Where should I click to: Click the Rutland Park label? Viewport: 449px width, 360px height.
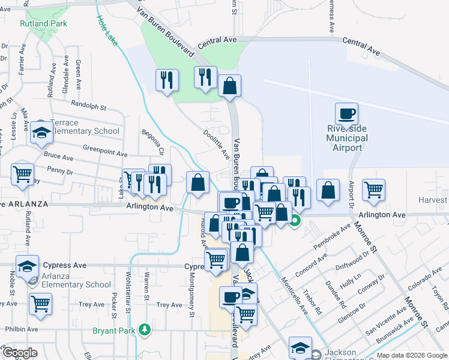(x=43, y=24)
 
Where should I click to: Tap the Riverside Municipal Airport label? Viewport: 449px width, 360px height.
(x=347, y=139)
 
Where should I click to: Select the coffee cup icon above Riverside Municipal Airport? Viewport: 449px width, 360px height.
(x=347, y=113)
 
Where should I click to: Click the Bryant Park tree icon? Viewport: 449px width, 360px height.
(x=144, y=329)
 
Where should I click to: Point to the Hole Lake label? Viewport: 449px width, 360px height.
(x=106, y=27)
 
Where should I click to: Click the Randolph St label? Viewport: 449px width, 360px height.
(x=88, y=105)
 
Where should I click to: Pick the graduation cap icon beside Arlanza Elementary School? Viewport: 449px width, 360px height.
(x=27, y=266)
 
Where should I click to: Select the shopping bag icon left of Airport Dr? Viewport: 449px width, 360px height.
(x=328, y=190)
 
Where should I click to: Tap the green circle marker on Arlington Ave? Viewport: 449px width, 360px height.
(x=295, y=220)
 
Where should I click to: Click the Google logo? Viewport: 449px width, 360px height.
(x=20, y=352)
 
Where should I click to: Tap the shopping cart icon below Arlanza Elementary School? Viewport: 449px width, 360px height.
(x=41, y=303)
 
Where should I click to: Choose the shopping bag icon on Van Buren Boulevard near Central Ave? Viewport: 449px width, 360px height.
(x=229, y=86)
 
